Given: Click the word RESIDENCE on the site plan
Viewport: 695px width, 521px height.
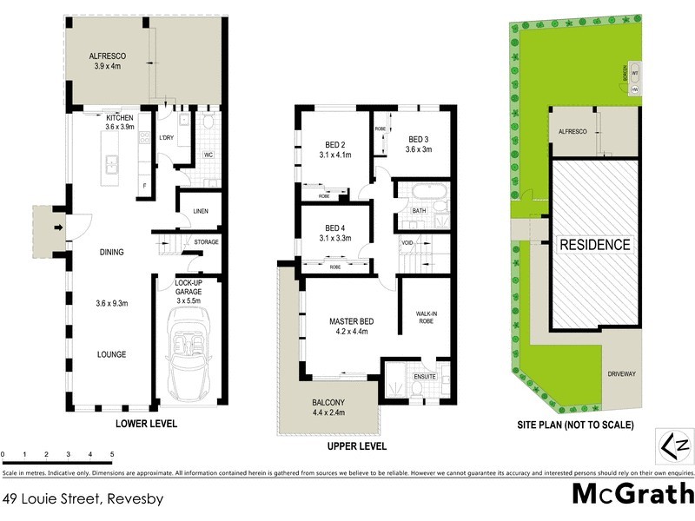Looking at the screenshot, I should coord(595,245).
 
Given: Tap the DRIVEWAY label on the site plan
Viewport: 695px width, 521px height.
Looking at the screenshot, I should coord(622,374).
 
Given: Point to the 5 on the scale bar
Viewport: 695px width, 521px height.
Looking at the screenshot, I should coord(112,455).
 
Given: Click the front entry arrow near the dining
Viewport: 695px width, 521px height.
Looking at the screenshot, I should coord(58,228).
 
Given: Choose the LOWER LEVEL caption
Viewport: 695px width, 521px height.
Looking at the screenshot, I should coord(147,425).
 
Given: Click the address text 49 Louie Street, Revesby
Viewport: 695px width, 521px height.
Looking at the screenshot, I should coord(83,499).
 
